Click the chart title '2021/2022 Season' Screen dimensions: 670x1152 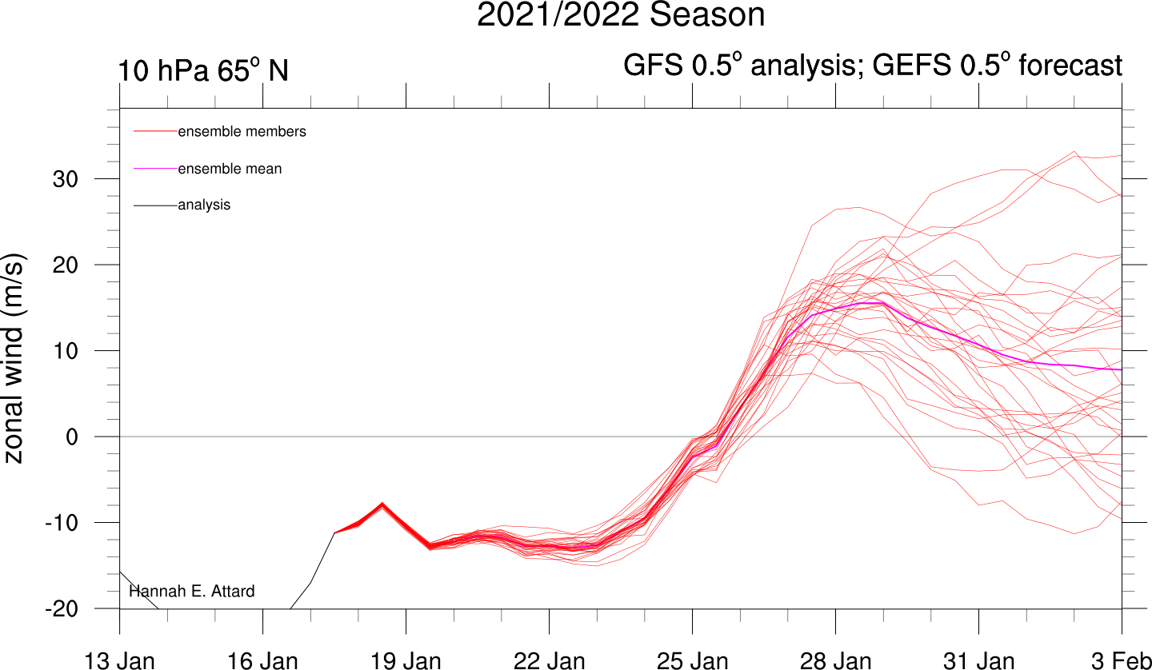[x=621, y=16]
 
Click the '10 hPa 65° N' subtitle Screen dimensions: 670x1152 [x=203, y=71]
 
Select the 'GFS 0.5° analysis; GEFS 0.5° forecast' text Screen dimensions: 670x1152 [x=873, y=66]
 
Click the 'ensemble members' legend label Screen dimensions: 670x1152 [x=242, y=132]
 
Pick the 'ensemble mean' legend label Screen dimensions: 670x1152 [x=230, y=169]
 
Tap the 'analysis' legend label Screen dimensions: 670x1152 [x=204, y=205]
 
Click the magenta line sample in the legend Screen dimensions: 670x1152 [x=155, y=169]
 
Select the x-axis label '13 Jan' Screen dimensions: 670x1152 [x=120, y=660]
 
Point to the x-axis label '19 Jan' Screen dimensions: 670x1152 [x=406, y=660]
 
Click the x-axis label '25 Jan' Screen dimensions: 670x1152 [x=693, y=660]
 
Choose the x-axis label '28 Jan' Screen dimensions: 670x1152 [x=836, y=660]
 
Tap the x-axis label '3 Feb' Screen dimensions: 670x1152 [x=1122, y=660]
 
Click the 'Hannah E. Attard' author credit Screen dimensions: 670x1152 [x=192, y=592]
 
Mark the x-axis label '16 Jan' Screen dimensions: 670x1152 [x=263, y=660]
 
